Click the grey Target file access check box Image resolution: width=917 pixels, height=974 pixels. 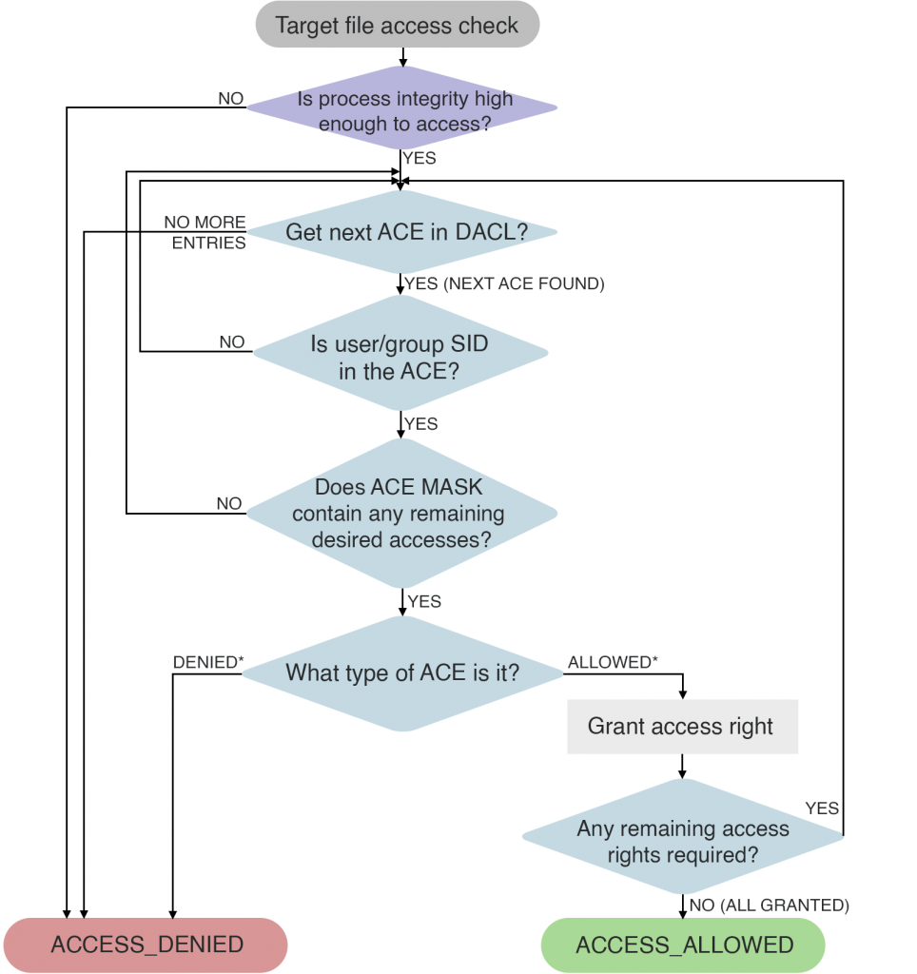click(397, 25)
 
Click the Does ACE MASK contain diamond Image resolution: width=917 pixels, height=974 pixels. click(400, 514)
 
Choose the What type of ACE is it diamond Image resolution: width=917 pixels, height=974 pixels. click(402, 673)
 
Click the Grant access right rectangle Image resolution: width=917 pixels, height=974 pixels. click(681, 728)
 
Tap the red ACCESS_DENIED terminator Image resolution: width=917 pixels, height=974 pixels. click(146, 945)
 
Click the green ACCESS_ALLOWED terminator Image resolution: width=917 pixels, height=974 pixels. click(684, 945)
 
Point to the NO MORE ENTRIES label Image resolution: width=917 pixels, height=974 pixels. click(205, 233)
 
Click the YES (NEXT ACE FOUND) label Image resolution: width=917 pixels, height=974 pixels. click(504, 283)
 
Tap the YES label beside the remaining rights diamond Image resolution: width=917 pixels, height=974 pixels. click(822, 808)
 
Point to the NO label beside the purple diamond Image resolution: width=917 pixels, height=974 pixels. click(231, 98)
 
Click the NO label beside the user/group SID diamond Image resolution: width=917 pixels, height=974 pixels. click(231, 341)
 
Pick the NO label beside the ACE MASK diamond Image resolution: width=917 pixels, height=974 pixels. click(229, 503)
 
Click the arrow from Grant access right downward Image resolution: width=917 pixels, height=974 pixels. click(682, 767)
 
